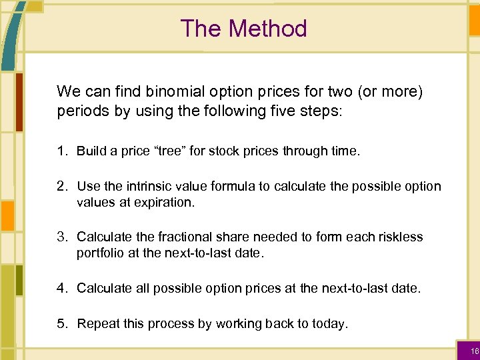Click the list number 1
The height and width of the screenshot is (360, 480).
coord(61,151)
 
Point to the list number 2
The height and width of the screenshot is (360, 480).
coord(61,186)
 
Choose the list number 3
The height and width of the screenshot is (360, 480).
coord(61,237)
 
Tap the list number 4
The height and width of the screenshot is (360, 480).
coord(61,287)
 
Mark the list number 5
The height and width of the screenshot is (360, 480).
coord(61,323)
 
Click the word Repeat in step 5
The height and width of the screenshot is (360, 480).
coord(98,323)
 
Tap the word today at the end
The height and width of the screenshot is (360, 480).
coord(329,323)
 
